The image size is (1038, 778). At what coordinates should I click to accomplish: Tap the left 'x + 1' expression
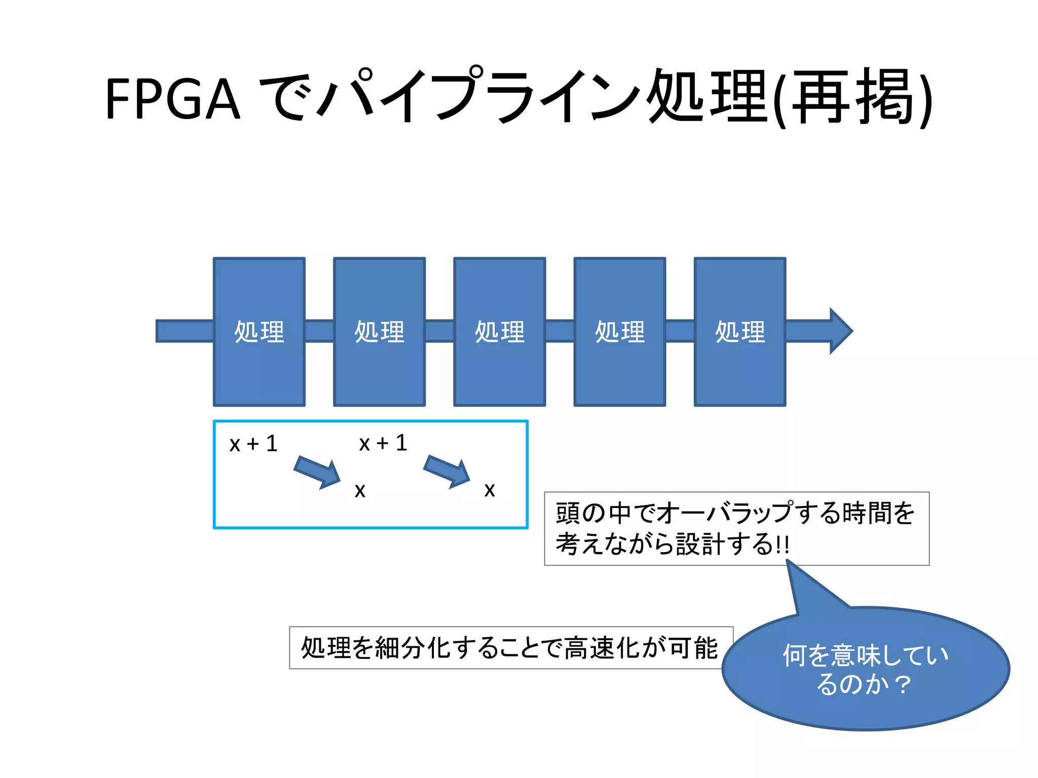253,444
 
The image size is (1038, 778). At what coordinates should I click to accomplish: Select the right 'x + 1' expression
383,443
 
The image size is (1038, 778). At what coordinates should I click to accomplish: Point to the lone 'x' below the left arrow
360,490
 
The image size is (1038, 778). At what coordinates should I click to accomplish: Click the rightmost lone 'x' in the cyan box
489,490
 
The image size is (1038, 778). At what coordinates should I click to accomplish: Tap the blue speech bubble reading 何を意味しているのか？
865,669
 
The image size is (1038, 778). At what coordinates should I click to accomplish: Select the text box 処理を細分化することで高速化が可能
510,648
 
